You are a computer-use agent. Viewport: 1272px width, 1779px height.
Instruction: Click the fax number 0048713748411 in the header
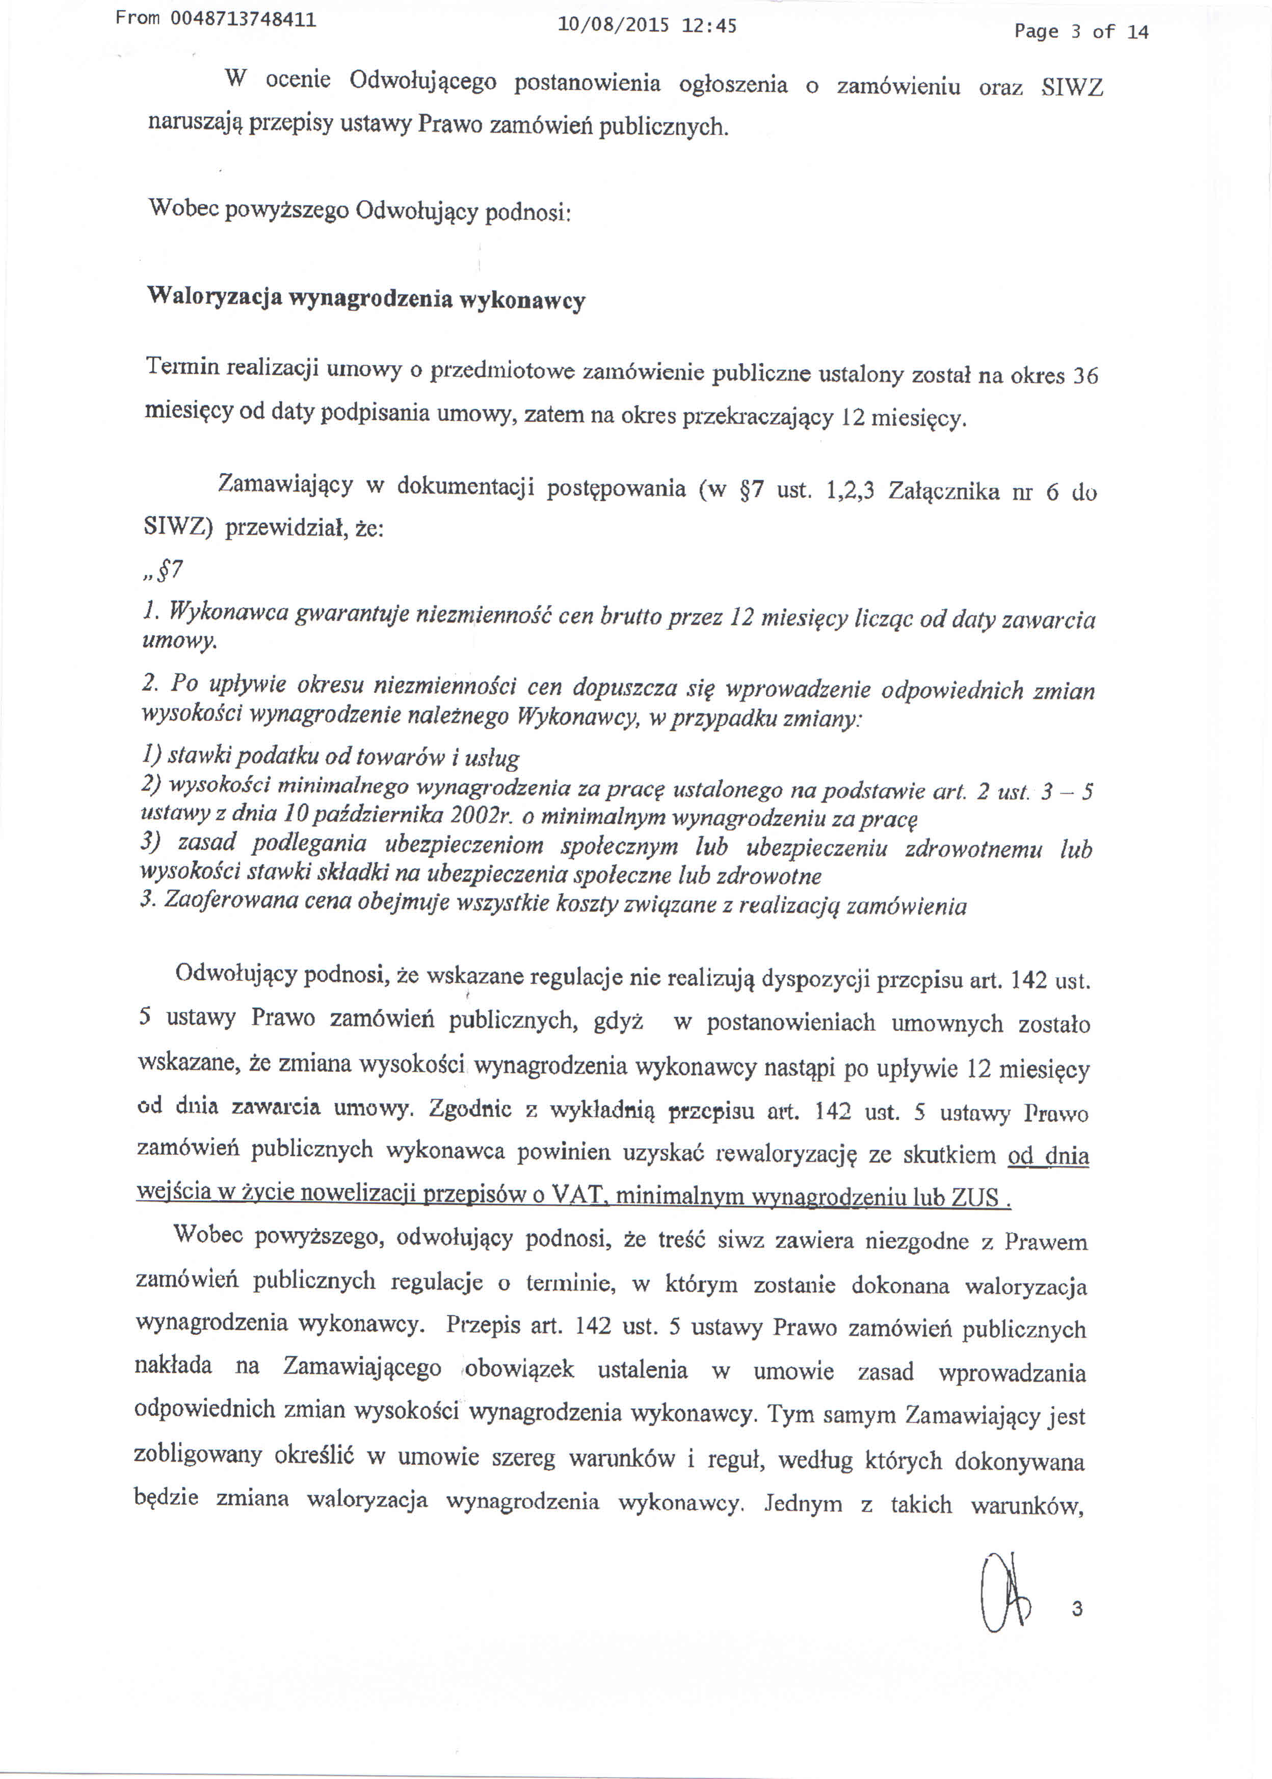tap(243, 19)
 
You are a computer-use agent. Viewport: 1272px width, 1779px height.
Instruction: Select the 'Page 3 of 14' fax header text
tap(1081, 31)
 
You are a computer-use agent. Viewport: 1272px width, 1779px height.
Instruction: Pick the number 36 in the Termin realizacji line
tap(1085, 376)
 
